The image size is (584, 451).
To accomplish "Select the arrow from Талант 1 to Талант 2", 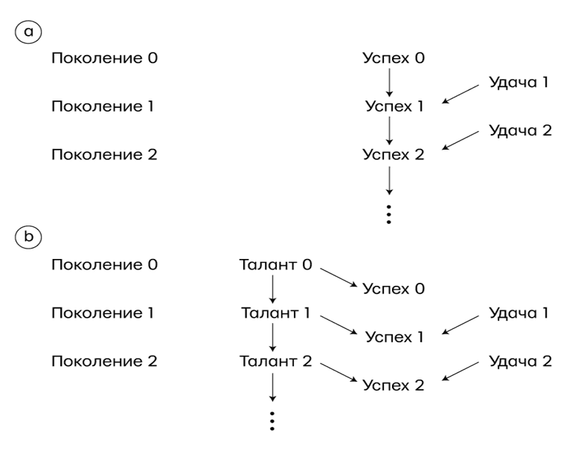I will coord(274,337).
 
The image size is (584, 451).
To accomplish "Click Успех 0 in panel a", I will coord(394,57).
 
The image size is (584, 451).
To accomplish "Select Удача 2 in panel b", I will coord(520,361).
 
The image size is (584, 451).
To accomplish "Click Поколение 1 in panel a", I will coord(102,106).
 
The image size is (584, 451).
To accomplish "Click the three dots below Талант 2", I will coord(274,420).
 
